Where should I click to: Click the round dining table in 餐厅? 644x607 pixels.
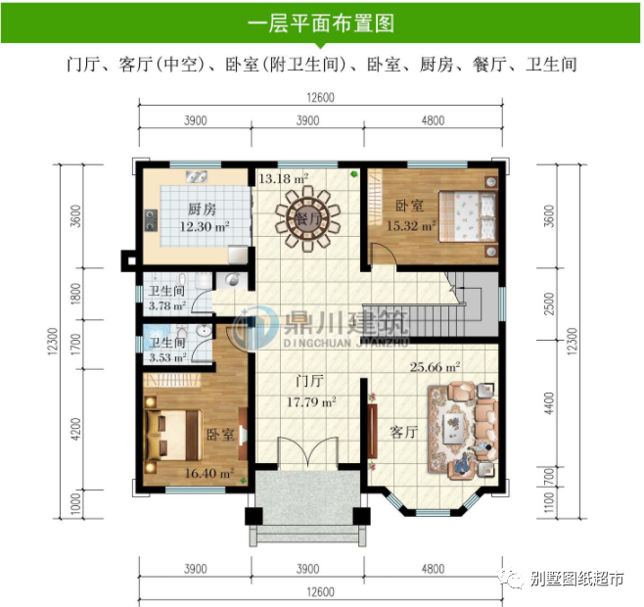click(307, 218)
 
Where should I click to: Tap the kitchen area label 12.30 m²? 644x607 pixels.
click(205, 226)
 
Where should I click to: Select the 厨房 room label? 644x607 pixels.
click(202, 210)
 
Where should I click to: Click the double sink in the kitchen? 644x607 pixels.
click(197, 177)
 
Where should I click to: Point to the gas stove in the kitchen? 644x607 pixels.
click(151, 220)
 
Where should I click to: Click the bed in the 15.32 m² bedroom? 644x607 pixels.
click(467, 216)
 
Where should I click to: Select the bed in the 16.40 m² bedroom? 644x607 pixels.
click(174, 435)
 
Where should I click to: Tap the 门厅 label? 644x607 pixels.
click(310, 381)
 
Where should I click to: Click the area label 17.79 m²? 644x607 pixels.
click(311, 401)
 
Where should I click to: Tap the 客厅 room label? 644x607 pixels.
click(404, 432)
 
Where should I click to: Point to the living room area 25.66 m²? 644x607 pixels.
click(435, 366)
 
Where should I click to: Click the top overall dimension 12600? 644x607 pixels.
click(320, 97)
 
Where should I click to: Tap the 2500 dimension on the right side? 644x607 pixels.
click(549, 304)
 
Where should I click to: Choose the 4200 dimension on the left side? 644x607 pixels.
click(75, 429)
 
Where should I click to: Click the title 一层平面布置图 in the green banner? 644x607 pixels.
click(321, 23)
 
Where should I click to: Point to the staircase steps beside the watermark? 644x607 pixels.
click(415, 320)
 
